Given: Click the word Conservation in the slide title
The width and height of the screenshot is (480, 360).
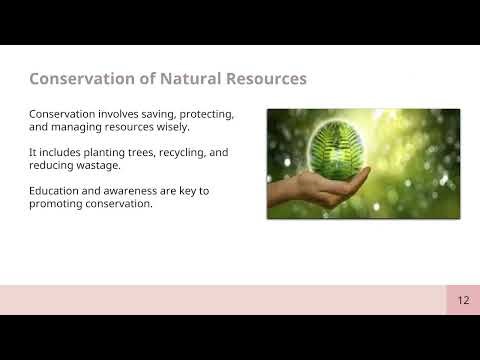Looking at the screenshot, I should point(78,78).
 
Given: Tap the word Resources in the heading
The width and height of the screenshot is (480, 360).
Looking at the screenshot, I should point(259,78).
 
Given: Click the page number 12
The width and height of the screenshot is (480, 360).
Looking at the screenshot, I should point(463,300).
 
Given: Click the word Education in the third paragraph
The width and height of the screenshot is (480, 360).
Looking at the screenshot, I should point(58,191).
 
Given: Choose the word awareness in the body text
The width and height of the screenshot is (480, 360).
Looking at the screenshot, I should point(134,191).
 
